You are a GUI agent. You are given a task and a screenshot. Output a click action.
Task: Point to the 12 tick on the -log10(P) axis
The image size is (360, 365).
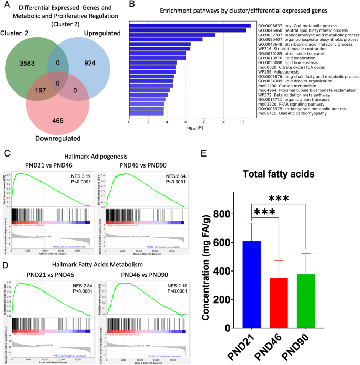pos(242,123)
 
